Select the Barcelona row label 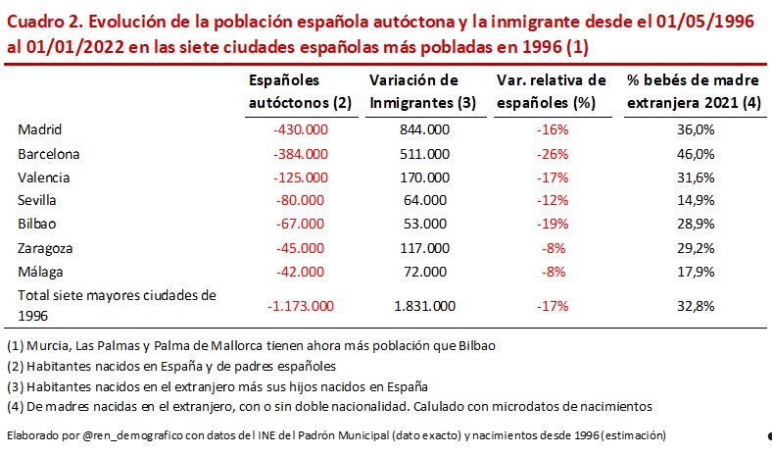[48, 154]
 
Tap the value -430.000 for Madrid [301, 129]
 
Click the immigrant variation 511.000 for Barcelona [424, 154]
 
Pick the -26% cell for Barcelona [555, 154]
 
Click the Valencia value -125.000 [301, 177]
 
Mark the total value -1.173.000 [301, 306]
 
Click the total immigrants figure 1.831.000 [424, 306]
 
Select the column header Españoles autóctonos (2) [287, 90]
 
